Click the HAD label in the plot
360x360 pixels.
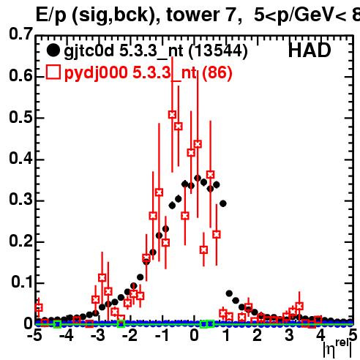click(310, 50)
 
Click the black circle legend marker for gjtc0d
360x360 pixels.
click(53, 50)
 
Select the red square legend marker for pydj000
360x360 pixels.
click(53, 72)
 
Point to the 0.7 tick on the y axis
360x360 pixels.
click(21, 34)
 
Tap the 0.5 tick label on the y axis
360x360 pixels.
click(21, 117)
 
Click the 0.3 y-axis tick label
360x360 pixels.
click(21, 199)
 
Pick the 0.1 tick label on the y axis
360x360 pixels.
click(21, 282)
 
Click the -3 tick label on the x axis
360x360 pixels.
click(98, 335)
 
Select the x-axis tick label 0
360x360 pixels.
click(194, 335)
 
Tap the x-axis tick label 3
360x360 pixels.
click(289, 335)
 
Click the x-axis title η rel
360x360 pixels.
click(338, 348)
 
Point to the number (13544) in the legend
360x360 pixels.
click(218, 51)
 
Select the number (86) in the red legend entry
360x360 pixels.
click(217, 72)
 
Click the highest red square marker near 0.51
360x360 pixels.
click(172, 114)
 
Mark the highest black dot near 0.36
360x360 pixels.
click(198, 178)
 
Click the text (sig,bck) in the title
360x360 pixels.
click(116, 15)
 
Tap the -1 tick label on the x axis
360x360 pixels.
click(162, 335)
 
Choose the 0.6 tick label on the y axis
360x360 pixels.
click(21, 75)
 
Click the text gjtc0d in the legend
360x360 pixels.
click(89, 51)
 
